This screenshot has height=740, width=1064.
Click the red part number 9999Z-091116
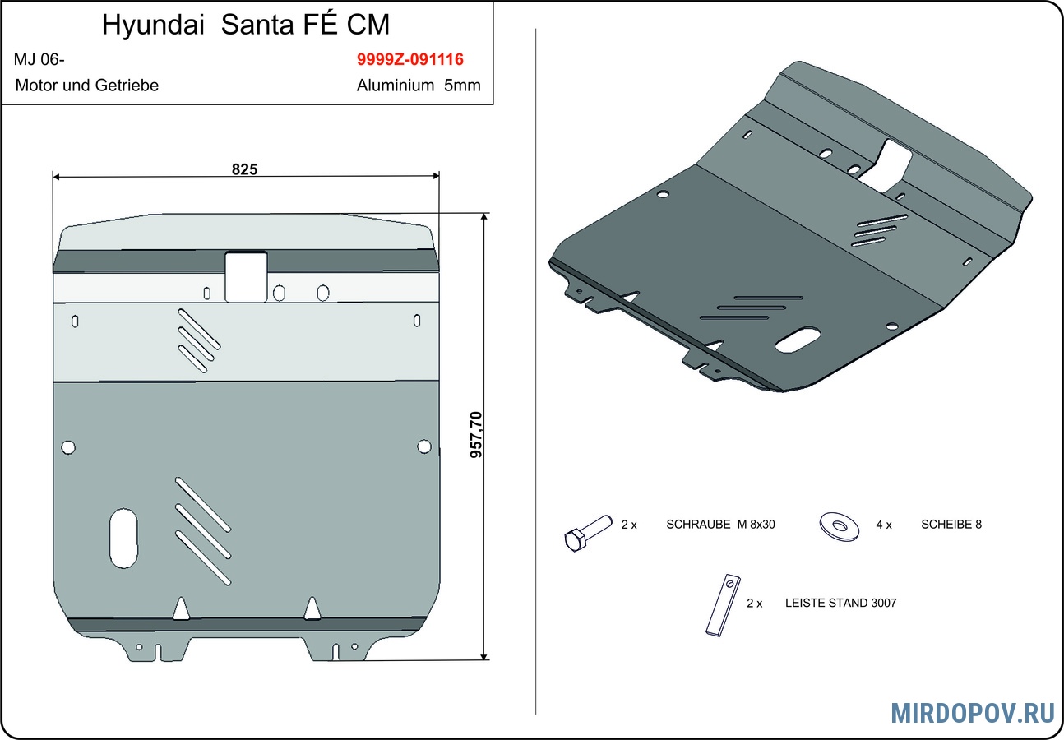tap(410, 60)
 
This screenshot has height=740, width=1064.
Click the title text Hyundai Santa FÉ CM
tap(246, 25)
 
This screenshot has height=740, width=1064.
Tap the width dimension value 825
tap(244, 169)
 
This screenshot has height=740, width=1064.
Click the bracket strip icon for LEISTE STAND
tap(722, 604)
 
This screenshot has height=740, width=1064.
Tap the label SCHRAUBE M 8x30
tap(720, 525)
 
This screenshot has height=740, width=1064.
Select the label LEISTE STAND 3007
tap(840, 603)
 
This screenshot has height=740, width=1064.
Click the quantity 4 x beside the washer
tap(884, 525)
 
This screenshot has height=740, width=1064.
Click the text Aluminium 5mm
tap(419, 86)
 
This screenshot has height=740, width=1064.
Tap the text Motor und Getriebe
tap(86, 86)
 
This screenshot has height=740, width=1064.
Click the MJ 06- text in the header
tap(39, 60)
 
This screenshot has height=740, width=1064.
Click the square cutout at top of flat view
tap(246, 275)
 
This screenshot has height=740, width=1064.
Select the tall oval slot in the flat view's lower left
tap(124, 538)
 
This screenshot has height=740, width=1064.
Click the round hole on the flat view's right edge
tap(423, 446)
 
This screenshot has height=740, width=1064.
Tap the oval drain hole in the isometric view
tap(797, 340)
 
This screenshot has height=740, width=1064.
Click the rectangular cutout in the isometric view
tap(891, 163)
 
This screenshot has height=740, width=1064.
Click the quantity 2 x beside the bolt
tap(629, 525)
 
